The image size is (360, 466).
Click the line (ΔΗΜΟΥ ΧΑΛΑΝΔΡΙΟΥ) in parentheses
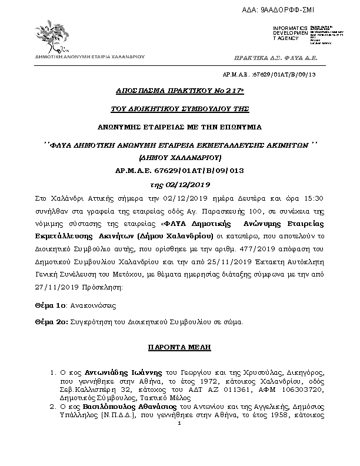[x=180, y=158]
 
